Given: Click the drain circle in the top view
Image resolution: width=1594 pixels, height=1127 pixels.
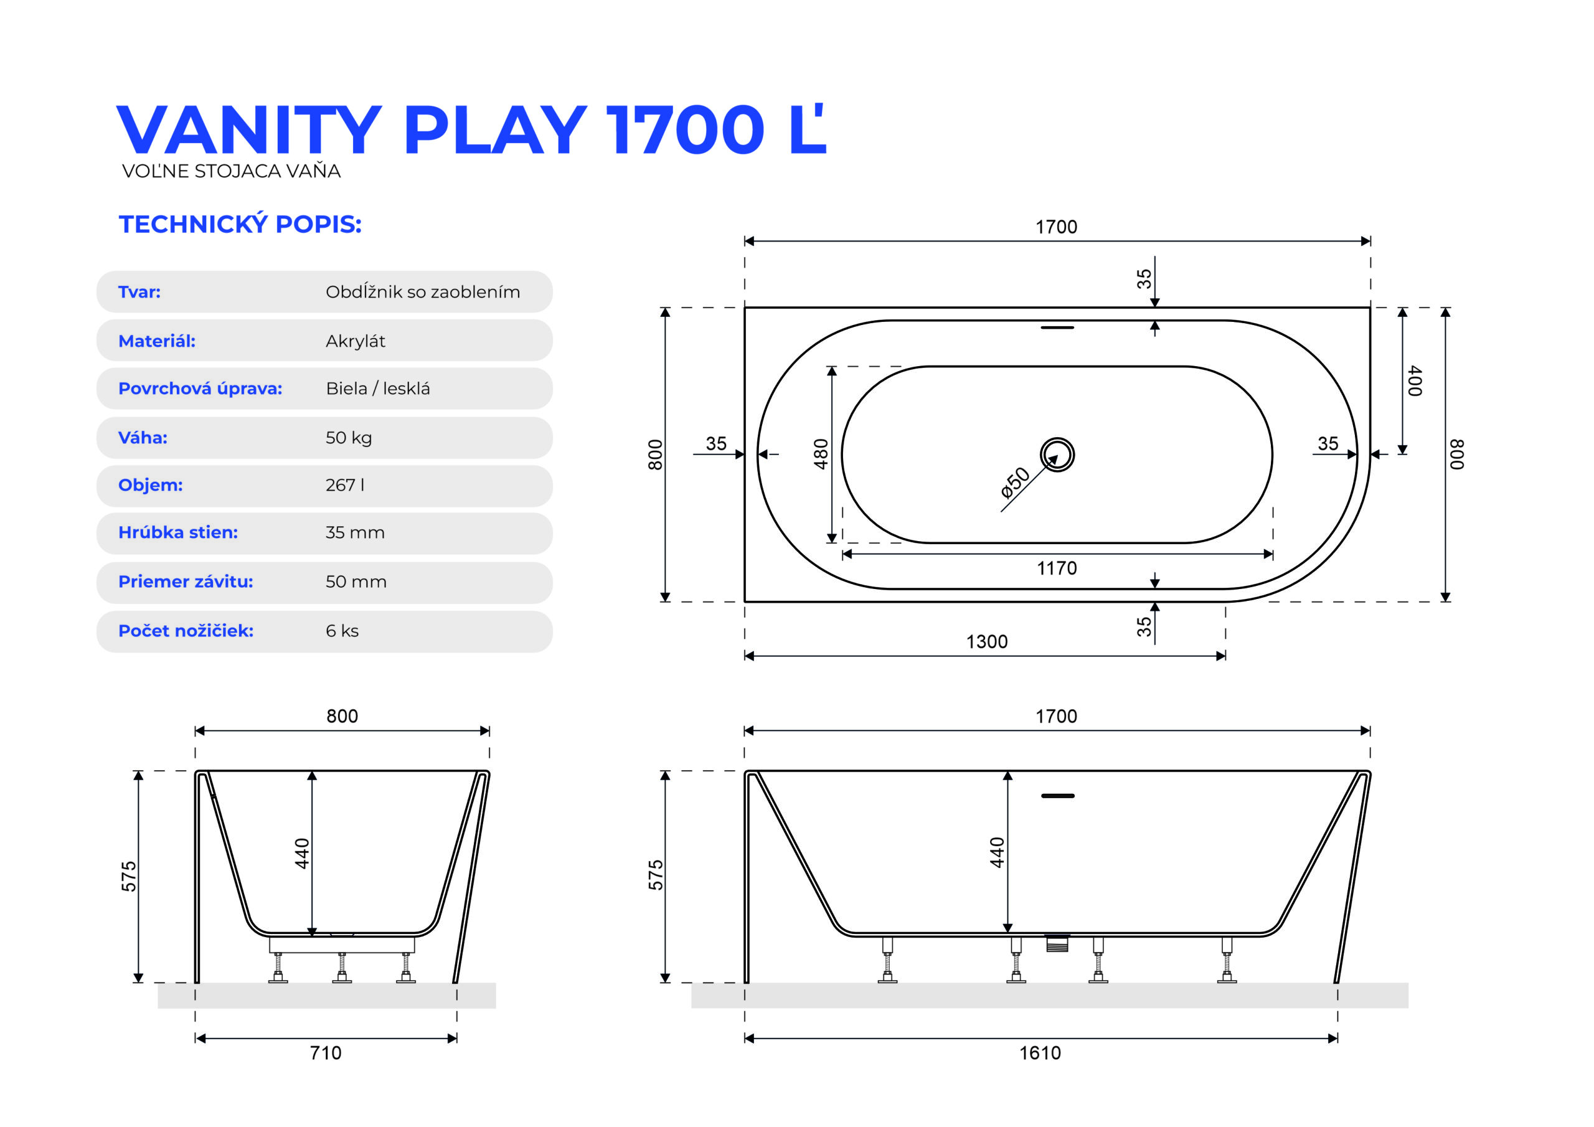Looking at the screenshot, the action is [x=1057, y=438].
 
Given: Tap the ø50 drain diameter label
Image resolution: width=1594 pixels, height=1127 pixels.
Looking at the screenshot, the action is [x=1015, y=483].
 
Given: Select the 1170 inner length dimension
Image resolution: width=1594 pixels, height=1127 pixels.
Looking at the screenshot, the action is [x=1057, y=568].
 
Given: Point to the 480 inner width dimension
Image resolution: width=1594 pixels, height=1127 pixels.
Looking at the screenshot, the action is [x=821, y=454].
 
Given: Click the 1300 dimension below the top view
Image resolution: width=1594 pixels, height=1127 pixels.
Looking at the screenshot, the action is [x=986, y=641].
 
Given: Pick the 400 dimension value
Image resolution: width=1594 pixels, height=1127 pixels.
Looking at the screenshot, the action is [x=1415, y=380].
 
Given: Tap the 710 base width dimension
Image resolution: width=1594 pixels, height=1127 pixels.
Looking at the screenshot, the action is [x=326, y=1053].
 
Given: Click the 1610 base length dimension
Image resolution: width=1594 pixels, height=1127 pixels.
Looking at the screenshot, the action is [x=1040, y=1053].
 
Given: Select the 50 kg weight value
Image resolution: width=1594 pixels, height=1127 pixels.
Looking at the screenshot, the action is [x=349, y=438].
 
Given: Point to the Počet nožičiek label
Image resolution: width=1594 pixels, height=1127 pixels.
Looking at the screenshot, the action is [x=186, y=631].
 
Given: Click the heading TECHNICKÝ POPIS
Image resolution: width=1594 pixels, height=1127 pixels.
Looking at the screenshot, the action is [x=240, y=224].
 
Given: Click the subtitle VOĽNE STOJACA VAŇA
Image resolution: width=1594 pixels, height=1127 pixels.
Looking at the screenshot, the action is [x=231, y=171].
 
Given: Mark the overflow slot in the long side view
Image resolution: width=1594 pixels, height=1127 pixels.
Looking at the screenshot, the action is [x=1057, y=796].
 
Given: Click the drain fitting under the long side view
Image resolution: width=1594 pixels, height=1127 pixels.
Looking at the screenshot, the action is [x=1057, y=943].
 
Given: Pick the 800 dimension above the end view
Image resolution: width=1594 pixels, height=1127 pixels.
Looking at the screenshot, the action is [x=342, y=716].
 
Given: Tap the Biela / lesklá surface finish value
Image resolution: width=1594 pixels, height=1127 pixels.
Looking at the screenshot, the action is [x=378, y=388].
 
